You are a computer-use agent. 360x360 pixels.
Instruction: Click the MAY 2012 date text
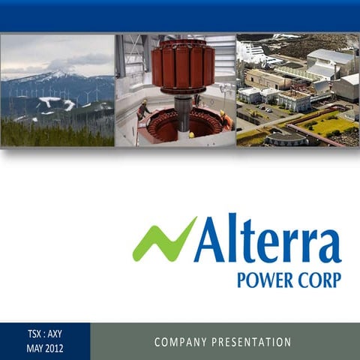click(45, 348)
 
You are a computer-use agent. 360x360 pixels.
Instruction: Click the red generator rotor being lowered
click(183, 66)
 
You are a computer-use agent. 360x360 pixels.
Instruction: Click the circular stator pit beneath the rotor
click(180, 124)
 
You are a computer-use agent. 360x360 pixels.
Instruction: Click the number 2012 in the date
click(54, 348)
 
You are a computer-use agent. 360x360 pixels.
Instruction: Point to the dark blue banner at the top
click(180, 16)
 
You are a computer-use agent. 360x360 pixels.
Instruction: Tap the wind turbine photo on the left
click(58, 90)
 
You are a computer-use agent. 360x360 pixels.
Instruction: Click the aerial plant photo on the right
click(298, 90)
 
